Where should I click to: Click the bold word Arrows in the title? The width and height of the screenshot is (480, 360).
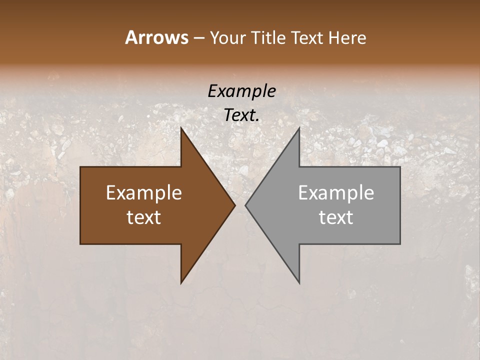156,37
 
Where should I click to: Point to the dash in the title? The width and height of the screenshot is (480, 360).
198,38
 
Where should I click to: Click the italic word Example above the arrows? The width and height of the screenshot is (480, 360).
241,91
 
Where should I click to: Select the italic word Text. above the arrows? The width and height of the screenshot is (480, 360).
241,115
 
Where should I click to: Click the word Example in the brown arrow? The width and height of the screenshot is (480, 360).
144,192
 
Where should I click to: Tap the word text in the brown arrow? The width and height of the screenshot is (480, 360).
144,217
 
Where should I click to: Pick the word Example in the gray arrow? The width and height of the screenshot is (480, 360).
336,192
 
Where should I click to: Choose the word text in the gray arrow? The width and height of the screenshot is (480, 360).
336,217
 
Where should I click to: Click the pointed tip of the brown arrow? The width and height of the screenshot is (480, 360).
235,205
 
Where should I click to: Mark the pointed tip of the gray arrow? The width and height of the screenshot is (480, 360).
245,205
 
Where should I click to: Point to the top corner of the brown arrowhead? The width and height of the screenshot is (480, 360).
181,127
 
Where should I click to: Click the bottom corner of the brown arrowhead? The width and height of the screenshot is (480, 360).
181,283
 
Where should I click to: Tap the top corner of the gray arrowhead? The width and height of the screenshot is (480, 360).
299,127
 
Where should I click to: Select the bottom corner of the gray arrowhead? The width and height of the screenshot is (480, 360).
299,283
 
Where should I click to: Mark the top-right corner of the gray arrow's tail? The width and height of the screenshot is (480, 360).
400,167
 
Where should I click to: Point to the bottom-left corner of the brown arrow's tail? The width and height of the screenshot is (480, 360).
80,244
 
